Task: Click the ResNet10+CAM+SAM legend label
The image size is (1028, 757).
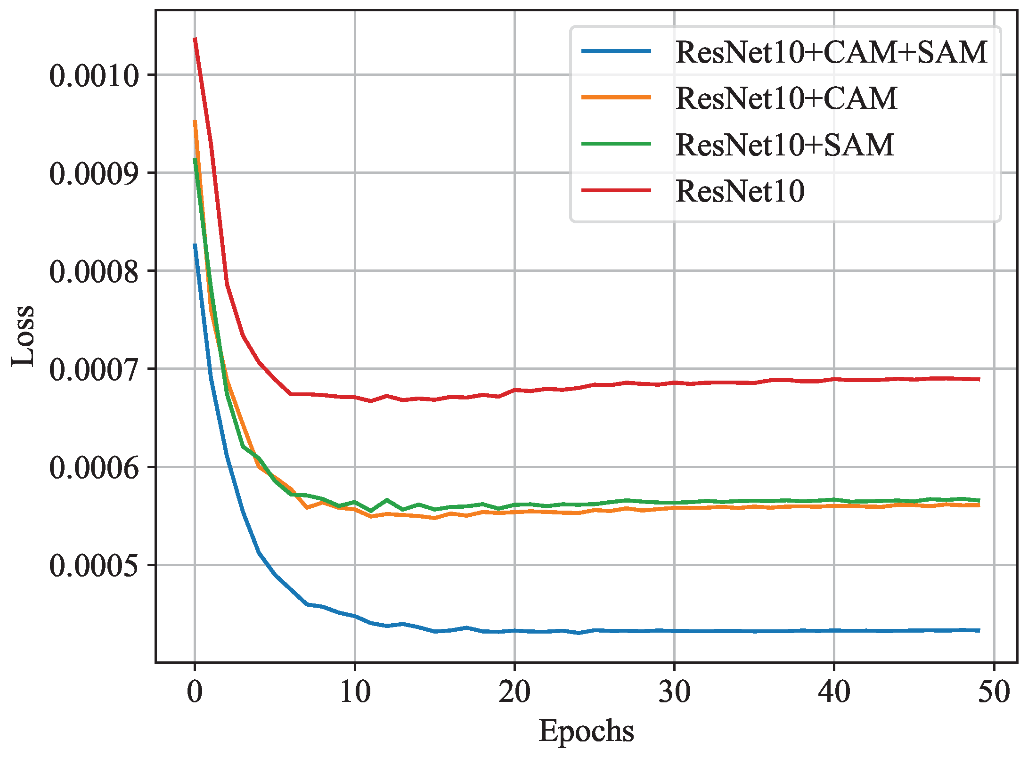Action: [x=831, y=52]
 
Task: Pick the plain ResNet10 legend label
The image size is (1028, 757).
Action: [x=740, y=191]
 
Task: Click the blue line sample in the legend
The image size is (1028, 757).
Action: [x=616, y=51]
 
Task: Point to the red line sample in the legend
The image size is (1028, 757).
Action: [x=616, y=190]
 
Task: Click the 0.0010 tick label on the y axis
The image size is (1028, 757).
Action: [x=94, y=75]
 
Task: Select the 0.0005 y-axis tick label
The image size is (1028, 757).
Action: [x=94, y=565]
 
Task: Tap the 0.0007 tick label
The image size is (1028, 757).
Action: [x=94, y=369]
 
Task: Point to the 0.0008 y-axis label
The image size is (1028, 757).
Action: [x=94, y=271]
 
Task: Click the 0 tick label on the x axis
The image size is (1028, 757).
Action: [x=195, y=692]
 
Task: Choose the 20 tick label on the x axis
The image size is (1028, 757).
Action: [x=514, y=692]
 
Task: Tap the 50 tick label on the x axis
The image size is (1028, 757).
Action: [x=994, y=692]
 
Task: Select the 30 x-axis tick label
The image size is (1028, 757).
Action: [x=674, y=692]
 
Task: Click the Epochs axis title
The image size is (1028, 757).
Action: [x=586, y=731]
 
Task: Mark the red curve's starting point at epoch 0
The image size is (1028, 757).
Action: [x=195, y=39]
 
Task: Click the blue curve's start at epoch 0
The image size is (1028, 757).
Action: [x=195, y=244]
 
